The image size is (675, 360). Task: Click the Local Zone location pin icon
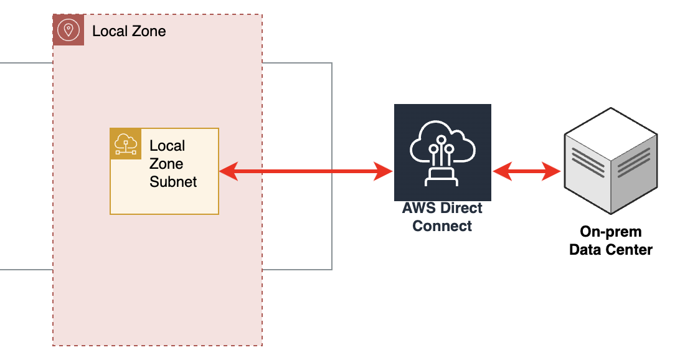pos(68,30)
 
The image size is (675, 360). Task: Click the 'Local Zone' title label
pos(129,31)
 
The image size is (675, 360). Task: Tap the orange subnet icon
pos(126,144)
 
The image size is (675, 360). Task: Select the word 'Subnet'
pos(173,182)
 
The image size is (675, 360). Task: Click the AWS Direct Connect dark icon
pos(442,153)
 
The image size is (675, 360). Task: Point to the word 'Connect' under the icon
pos(442,226)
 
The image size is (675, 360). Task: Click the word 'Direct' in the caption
pos(461,209)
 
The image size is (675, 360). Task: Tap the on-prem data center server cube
pos(610,163)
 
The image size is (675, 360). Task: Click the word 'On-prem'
pos(611,232)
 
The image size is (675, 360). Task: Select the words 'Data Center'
pos(611,250)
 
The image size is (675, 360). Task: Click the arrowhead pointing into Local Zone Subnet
pos(228,171)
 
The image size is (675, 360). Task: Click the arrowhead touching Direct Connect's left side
pos(384,171)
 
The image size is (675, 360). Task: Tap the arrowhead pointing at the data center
pos(552,171)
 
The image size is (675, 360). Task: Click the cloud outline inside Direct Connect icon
pos(442,140)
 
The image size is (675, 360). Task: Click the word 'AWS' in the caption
pos(418,209)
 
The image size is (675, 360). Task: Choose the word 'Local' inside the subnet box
pos(168,146)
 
